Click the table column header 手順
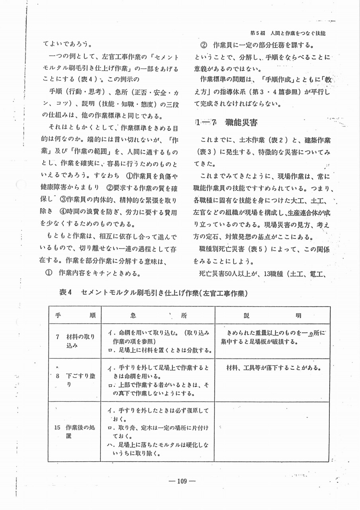tap(74, 315)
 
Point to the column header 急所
tap(158, 315)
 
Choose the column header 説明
tap(272, 315)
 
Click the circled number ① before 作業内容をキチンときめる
tap(49, 273)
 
